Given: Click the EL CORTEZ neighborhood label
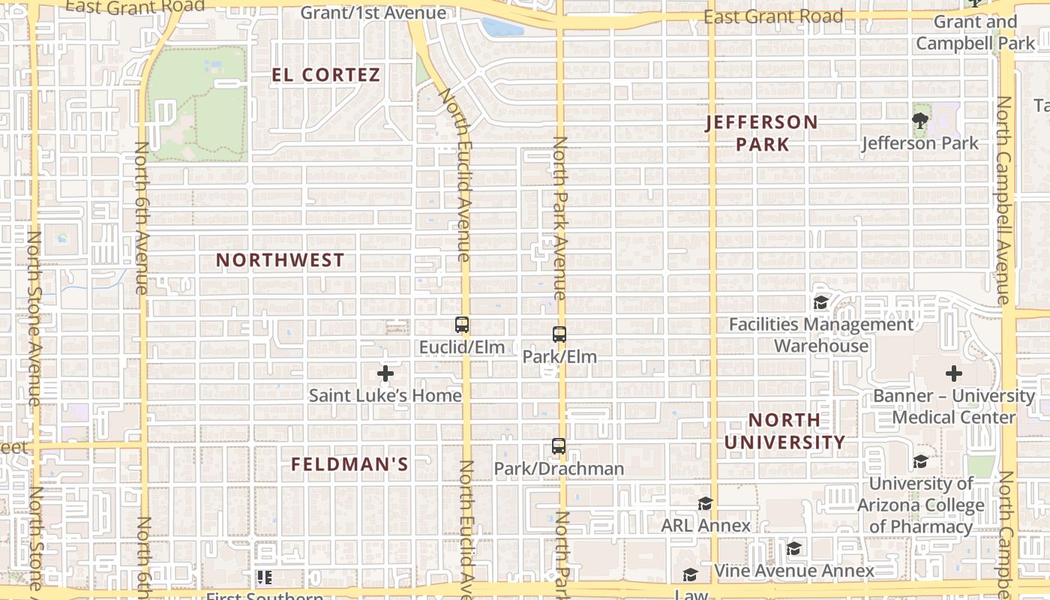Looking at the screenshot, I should [326, 75].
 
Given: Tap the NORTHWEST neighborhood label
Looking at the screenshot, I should [280, 260].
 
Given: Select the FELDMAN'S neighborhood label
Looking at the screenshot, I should [349, 464].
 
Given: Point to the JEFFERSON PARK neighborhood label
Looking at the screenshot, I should [762, 133].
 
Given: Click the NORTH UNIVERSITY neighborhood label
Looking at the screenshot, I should [784, 430].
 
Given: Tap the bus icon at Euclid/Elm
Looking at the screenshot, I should [462, 325].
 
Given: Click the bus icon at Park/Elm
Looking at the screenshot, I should [559, 334].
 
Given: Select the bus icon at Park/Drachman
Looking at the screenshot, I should [559, 446].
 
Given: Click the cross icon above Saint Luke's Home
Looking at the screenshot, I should [385, 373].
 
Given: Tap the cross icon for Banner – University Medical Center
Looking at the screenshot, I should [954, 373].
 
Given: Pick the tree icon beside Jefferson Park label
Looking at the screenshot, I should [919, 120].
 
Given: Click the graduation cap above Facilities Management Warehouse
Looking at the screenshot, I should [820, 303].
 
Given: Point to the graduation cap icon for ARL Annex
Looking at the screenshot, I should [705, 503].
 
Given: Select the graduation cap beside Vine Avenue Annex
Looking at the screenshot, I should [794, 549].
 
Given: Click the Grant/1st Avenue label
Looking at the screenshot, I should [373, 13].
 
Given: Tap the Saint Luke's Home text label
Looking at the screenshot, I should [385, 395].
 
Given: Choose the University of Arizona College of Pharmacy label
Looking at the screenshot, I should [921, 505].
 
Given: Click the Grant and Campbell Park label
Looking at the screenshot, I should [976, 32].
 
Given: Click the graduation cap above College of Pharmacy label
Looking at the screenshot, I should [920, 461].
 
